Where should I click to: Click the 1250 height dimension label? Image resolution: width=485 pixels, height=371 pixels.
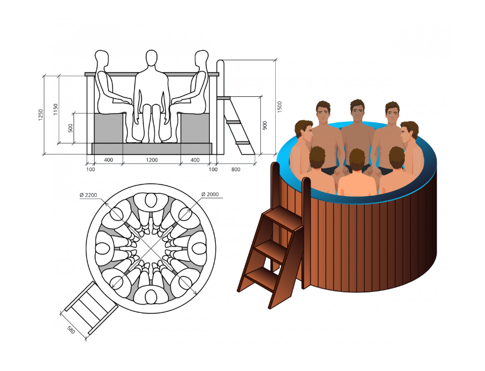[x=41, y=115]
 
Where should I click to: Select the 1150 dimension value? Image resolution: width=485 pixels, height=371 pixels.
[x=56, y=110]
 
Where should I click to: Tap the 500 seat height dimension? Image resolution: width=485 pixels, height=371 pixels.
[x=70, y=128]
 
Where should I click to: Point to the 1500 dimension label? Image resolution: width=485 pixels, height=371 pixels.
[x=280, y=107]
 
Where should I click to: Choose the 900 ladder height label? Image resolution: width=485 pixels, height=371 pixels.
[x=265, y=125]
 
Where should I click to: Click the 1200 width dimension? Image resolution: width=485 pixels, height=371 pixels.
[x=152, y=160]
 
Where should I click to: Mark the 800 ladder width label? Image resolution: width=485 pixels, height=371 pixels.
[x=236, y=169]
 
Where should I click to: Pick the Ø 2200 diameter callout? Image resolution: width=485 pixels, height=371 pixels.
[x=89, y=195]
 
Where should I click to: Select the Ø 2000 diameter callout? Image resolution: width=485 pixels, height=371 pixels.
[x=210, y=194]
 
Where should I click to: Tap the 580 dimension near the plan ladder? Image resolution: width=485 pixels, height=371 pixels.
[x=71, y=330]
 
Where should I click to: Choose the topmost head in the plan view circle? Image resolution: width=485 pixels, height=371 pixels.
[x=151, y=200]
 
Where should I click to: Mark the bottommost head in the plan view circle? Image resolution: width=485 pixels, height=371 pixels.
[x=151, y=297]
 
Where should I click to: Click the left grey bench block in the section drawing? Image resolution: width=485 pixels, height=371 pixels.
[x=109, y=128]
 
